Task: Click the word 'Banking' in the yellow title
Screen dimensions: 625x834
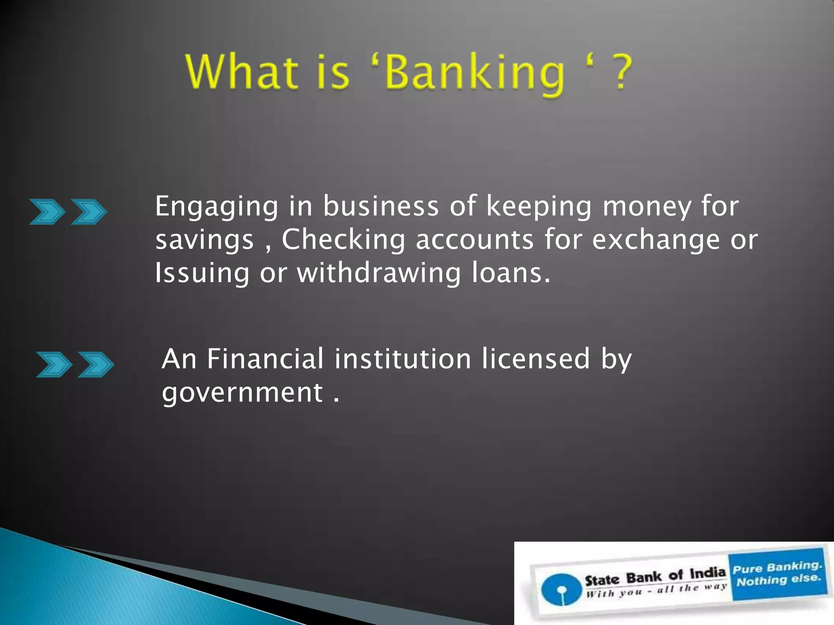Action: [475, 73]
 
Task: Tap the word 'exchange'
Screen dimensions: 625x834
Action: [656, 240]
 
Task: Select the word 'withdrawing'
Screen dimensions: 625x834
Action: [379, 273]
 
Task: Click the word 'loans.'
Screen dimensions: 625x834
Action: [511, 273]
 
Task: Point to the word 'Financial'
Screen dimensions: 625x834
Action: [265, 359]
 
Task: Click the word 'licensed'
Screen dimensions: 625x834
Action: [536, 359]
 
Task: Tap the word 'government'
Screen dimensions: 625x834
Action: [242, 393]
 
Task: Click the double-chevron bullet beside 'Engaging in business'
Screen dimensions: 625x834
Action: [68, 212]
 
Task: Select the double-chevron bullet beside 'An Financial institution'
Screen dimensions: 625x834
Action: [75, 365]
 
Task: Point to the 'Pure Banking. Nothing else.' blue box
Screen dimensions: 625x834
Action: [778, 574]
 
